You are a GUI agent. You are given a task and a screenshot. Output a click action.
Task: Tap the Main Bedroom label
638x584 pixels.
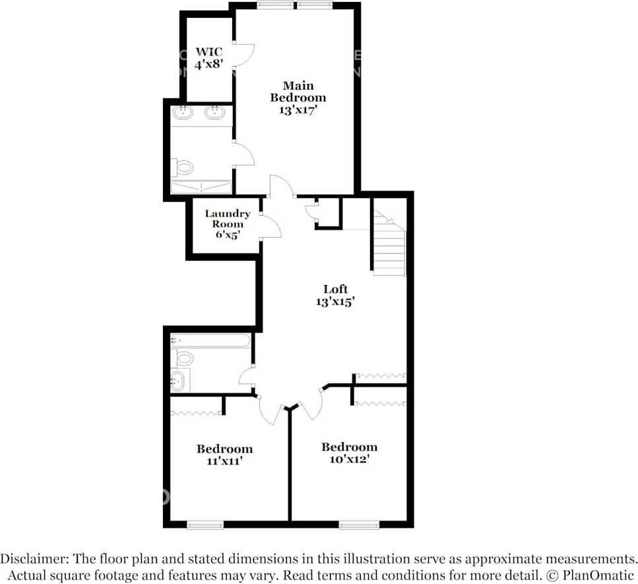(298, 98)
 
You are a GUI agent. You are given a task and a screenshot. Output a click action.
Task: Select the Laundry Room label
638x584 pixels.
(227, 224)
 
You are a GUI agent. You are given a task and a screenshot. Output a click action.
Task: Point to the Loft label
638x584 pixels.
(335, 295)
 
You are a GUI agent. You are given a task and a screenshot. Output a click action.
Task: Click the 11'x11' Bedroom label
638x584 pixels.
(224, 455)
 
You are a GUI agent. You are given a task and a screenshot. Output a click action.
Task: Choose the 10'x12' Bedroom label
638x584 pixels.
(349, 453)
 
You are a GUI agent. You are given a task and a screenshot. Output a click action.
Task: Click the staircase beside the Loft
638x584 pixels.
(389, 244)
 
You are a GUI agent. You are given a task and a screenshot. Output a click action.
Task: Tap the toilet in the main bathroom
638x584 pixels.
(183, 168)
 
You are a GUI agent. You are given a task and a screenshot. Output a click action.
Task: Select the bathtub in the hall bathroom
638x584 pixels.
(210, 341)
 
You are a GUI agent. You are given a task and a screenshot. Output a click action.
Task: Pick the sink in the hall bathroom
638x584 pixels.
(178, 380)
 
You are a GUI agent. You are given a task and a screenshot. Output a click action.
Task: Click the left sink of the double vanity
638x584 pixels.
(183, 113)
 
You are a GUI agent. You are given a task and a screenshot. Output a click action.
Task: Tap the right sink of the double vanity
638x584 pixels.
(215, 113)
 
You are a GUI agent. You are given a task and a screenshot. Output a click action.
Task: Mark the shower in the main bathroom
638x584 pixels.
(201, 187)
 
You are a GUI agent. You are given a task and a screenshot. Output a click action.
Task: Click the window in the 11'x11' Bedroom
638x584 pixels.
(205, 525)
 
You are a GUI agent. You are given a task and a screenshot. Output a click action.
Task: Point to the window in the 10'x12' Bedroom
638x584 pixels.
(359, 525)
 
